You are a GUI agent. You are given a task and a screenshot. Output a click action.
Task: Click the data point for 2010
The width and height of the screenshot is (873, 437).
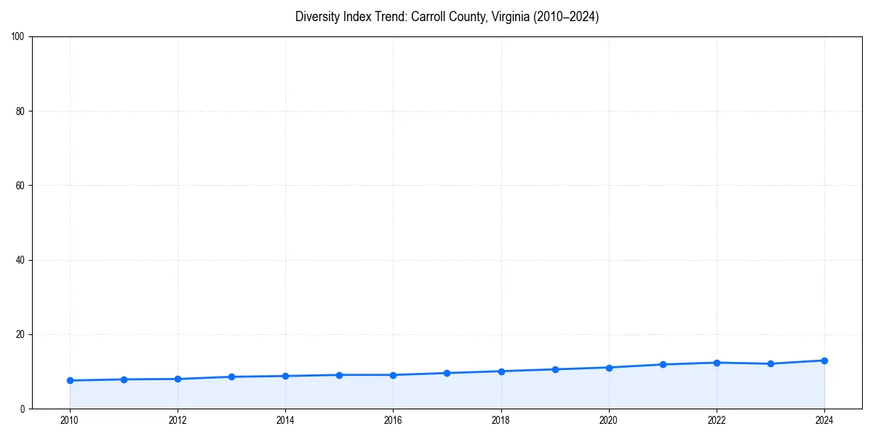(70, 380)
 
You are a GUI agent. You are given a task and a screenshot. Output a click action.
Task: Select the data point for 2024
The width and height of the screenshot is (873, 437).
(824, 361)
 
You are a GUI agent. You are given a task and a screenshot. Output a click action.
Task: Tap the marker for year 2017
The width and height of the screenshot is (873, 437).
(447, 373)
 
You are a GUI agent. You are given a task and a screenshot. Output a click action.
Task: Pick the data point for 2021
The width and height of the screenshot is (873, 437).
(663, 364)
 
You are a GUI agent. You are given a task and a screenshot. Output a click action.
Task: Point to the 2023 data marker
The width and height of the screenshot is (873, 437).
(770, 363)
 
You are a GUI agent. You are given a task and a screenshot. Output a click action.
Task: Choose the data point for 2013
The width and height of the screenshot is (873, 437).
(231, 377)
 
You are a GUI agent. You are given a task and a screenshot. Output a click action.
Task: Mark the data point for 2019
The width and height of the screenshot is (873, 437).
(555, 369)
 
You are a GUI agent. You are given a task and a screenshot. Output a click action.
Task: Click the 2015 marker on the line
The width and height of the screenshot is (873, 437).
(339, 375)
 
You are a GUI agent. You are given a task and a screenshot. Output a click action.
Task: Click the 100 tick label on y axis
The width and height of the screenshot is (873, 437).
(18, 37)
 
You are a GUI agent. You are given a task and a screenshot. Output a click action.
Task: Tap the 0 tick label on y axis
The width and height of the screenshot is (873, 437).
(23, 409)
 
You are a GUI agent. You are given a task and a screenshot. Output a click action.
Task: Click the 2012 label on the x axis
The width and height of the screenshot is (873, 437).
(178, 420)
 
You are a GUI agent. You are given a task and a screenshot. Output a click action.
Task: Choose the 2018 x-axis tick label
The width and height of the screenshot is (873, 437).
(501, 420)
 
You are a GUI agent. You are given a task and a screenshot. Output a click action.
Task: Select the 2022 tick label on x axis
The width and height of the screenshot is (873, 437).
(717, 420)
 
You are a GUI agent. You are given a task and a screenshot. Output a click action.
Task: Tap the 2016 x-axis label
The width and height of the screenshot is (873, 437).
(393, 420)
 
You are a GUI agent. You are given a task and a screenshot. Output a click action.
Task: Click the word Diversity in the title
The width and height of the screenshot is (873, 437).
(317, 17)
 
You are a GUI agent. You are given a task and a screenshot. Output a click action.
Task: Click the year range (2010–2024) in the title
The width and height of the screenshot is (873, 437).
(567, 17)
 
